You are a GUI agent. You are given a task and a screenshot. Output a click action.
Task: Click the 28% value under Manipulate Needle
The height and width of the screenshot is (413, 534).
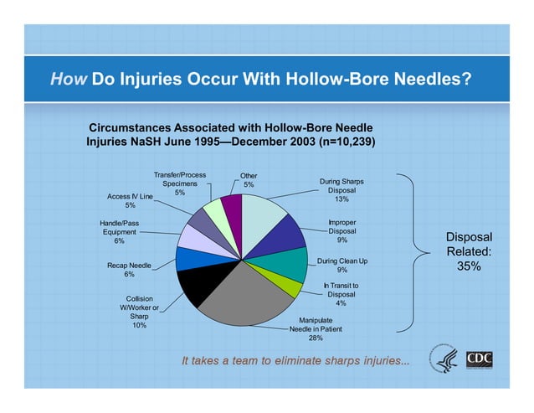coord(316,338)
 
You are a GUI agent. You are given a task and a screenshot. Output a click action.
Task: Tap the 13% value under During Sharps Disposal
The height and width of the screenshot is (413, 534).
coord(341,199)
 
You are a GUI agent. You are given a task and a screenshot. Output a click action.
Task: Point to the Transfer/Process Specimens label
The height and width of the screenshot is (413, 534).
coord(179,183)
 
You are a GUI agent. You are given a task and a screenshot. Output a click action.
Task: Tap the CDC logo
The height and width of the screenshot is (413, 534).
coord(480,359)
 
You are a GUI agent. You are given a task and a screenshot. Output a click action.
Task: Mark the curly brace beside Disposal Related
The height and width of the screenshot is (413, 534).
coord(410,251)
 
